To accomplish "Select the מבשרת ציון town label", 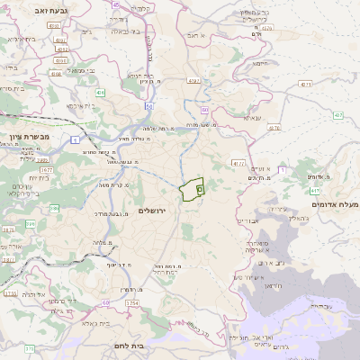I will coord(27,138).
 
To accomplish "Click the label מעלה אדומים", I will coord(334,205).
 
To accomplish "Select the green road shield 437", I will coord(337,115).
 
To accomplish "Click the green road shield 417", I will coord(315,190).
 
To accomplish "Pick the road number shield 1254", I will coord(132,303).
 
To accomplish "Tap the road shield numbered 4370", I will coord(266,28).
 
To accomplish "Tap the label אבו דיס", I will coord(247,220).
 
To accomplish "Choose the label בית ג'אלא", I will coord(92,321).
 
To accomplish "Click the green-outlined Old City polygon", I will coord(191,190).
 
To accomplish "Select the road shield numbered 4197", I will coord(194,81).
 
